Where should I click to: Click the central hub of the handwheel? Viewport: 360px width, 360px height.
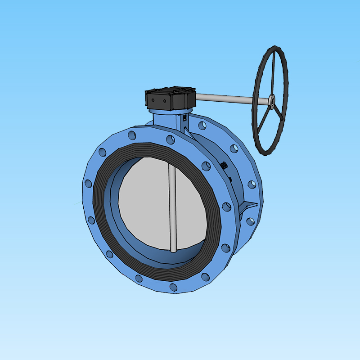272,102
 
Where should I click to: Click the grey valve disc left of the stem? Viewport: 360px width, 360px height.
144,202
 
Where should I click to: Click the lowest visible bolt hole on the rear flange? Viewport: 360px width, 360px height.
250,221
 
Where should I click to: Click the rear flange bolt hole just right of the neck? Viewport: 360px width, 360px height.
202,126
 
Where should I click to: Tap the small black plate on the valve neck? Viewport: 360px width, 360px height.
184,118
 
